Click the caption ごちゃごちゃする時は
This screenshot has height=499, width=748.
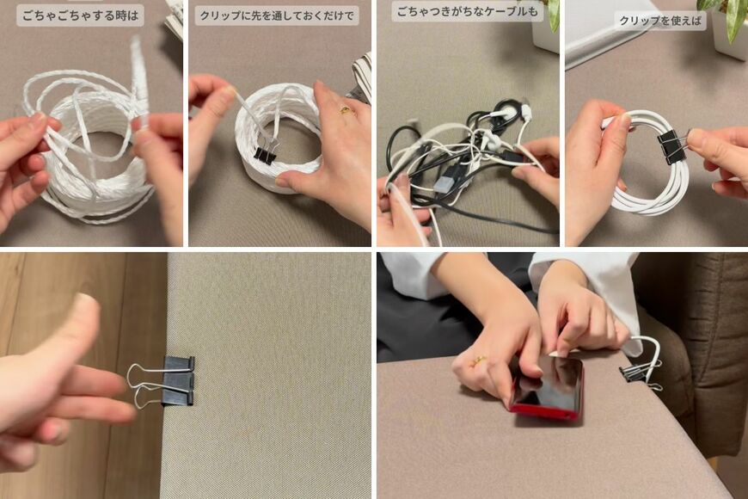(x=80, y=15)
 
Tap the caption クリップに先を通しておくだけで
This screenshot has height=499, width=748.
(x=276, y=15)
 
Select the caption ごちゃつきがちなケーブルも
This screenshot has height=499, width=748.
(x=467, y=12)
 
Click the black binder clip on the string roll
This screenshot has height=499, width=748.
(x=266, y=154)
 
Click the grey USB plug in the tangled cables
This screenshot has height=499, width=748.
(x=445, y=182)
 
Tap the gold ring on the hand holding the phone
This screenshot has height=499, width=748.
(x=478, y=361)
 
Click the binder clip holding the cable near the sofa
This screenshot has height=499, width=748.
(x=635, y=372)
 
